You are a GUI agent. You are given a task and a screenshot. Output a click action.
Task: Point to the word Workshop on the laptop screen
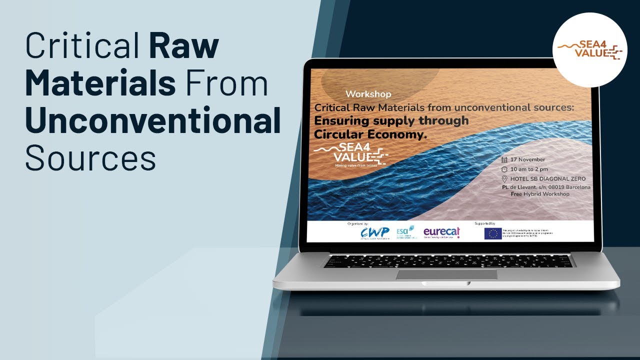[368, 94]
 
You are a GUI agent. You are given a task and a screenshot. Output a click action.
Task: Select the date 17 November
[528, 159]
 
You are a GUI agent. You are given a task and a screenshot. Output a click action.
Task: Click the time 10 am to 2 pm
[529, 169]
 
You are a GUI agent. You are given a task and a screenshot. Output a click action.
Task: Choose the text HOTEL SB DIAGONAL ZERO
[548, 179]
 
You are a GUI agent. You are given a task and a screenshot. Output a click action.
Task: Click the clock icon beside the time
[505, 169]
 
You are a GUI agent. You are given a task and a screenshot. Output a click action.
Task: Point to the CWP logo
[375, 232]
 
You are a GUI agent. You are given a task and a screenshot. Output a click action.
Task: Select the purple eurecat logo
[441, 232]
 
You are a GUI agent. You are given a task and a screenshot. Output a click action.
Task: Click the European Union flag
[493, 233]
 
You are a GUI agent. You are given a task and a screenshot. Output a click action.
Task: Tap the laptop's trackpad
[446, 274]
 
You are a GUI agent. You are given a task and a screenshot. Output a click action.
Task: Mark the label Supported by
[484, 223]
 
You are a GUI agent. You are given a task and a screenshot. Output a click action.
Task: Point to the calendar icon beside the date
[505, 159]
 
